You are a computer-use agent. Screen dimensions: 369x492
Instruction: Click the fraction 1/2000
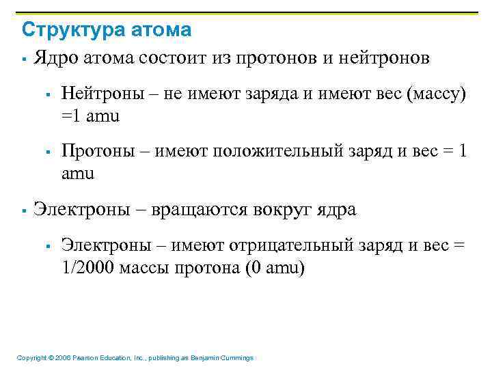tap(88, 268)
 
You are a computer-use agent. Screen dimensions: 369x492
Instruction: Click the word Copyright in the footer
tap(31, 357)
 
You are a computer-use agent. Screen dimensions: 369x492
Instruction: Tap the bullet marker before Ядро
tap(23, 59)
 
